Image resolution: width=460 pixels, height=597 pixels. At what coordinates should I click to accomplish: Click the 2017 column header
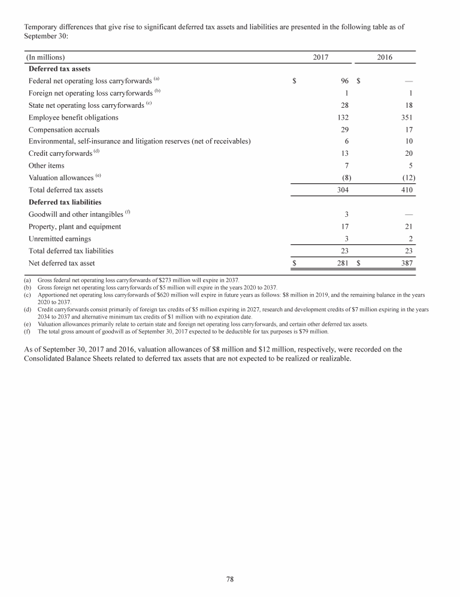(x=322, y=57)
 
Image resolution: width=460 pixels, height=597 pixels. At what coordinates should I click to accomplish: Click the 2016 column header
(x=385, y=57)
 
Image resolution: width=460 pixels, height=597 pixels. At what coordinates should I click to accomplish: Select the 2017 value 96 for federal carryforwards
(x=344, y=80)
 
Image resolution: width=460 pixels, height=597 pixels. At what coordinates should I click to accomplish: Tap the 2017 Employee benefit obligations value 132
(x=343, y=117)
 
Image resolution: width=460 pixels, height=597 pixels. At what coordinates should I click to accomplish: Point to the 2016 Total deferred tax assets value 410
(x=406, y=190)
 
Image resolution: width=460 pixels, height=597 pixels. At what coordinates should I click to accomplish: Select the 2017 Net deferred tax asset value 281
(x=343, y=263)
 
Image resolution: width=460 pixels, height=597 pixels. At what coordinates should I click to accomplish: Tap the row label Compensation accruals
(x=64, y=129)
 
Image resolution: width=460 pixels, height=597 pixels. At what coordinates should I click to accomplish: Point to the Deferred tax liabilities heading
(x=65, y=202)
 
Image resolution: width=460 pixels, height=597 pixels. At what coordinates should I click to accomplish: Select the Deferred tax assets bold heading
(x=59, y=69)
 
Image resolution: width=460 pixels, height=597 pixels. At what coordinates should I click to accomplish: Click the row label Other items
(x=46, y=165)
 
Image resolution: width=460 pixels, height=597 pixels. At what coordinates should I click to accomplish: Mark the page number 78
(x=230, y=578)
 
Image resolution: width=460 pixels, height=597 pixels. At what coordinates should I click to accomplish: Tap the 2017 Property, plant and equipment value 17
(x=345, y=226)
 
